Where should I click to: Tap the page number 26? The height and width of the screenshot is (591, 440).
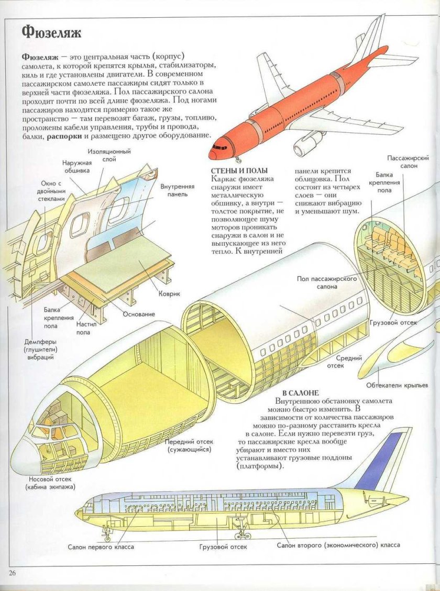(x=13, y=573)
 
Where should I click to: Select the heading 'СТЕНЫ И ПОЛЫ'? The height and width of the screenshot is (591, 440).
(x=239, y=171)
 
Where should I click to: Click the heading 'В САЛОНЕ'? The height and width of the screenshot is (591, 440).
(x=300, y=392)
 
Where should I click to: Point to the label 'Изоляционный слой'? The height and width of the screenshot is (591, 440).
(x=109, y=155)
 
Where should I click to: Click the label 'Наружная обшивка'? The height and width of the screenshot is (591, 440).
(x=78, y=166)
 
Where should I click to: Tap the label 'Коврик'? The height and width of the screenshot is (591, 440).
(x=169, y=294)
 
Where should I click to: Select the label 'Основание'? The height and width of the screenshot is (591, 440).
(x=139, y=314)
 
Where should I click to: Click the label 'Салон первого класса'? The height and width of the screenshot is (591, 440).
(x=101, y=547)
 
